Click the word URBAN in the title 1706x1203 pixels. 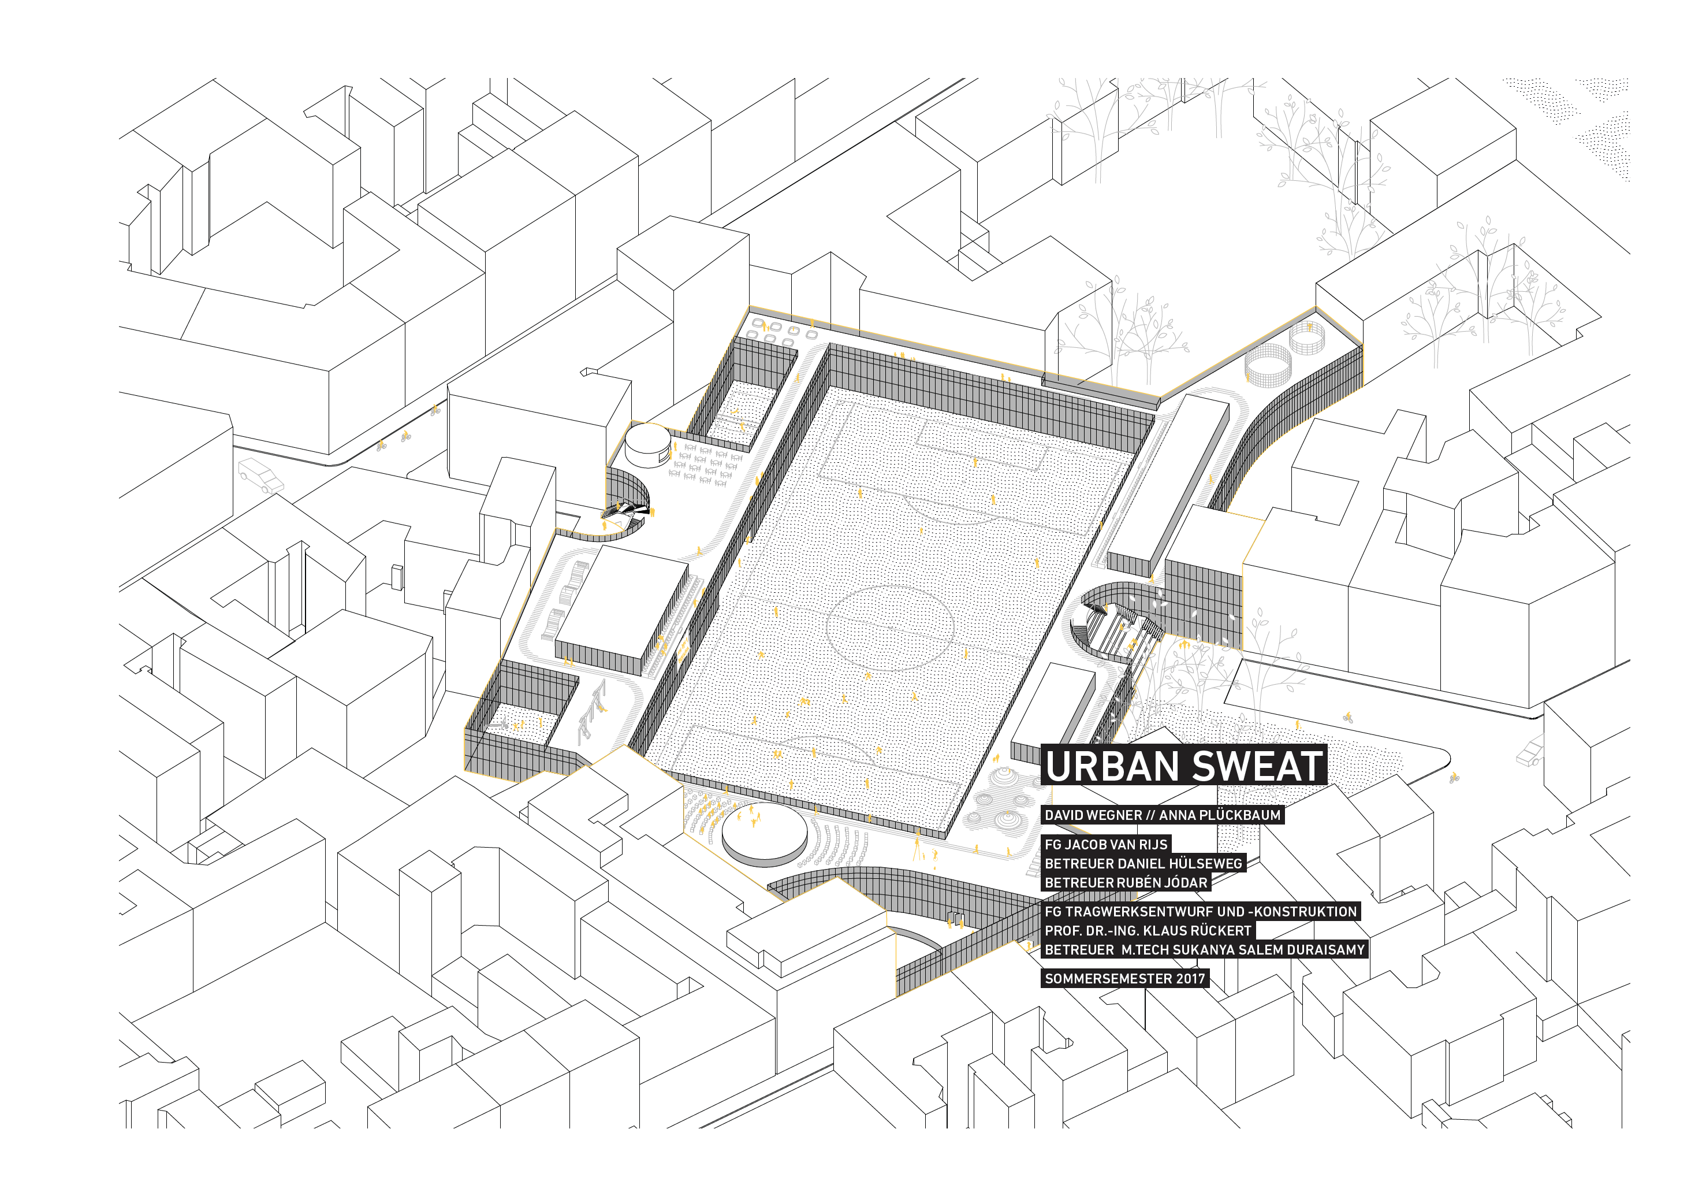[1108, 766]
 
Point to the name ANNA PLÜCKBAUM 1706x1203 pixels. [1220, 815]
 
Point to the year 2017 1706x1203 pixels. [1190, 978]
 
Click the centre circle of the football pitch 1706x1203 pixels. [890, 627]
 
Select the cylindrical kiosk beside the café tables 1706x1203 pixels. [648, 444]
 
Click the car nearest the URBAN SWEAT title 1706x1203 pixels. [1530, 752]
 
